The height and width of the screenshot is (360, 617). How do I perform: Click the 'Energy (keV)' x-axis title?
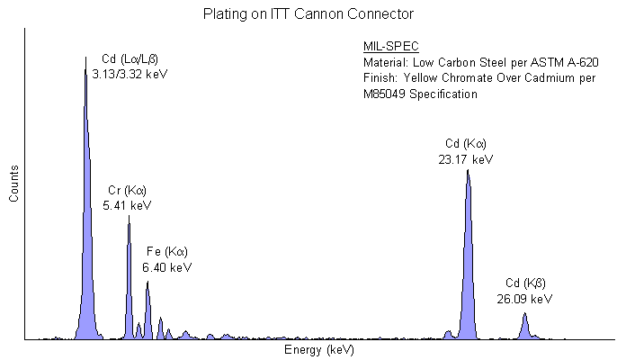pos(319,349)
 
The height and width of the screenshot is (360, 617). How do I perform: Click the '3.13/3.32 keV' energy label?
pos(118,74)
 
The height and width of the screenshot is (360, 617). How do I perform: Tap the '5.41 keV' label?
pos(128,205)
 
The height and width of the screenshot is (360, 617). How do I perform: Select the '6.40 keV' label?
pos(167,267)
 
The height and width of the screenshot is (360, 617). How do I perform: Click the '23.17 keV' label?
pos(466,159)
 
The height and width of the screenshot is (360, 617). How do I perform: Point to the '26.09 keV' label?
pos(524,298)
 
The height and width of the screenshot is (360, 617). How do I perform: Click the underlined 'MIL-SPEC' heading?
pos(391,47)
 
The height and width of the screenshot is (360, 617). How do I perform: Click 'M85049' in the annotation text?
pos(385,94)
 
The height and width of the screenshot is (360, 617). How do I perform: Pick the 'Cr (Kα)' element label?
pos(127,190)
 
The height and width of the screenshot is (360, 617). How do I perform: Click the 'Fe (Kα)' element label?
pos(167,251)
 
